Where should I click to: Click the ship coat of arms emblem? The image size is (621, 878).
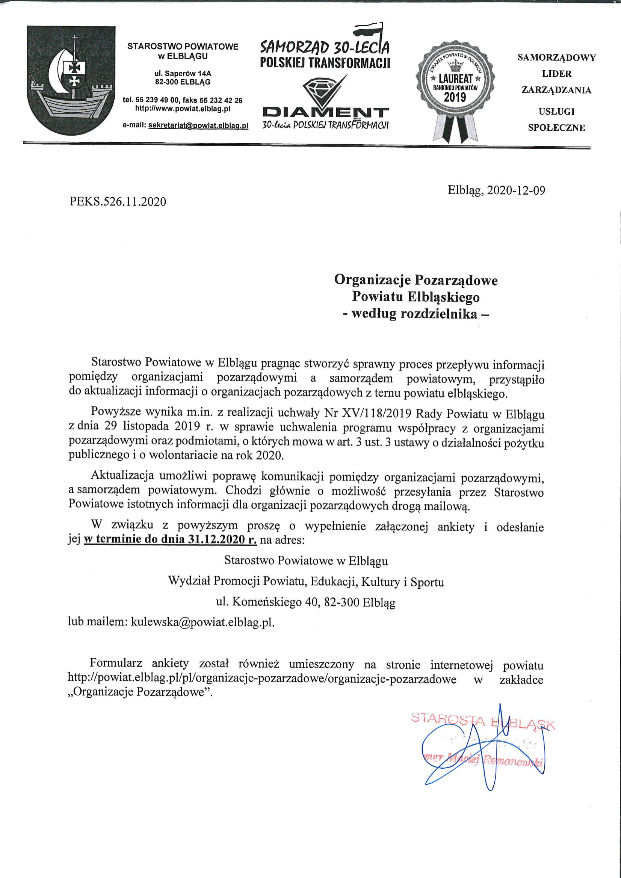pos(71,80)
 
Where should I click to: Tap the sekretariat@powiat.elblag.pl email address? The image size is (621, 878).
pos(198,125)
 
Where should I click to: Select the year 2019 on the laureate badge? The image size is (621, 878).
pos(455,97)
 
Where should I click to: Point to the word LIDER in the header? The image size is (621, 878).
pos(556,74)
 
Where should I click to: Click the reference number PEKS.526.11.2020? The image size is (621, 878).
pos(118,201)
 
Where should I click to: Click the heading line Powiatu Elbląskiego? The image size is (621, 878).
pos(416,297)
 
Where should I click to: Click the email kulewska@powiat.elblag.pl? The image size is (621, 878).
pos(202,622)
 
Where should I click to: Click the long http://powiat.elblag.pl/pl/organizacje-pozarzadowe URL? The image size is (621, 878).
pos(261,679)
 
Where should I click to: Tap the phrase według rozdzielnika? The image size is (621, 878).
pos(415,314)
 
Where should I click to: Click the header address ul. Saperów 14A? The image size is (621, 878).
pos(183,73)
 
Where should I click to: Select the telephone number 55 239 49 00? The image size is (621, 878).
pos(157,100)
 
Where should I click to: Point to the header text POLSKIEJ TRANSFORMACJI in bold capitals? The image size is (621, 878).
pos(325,62)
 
